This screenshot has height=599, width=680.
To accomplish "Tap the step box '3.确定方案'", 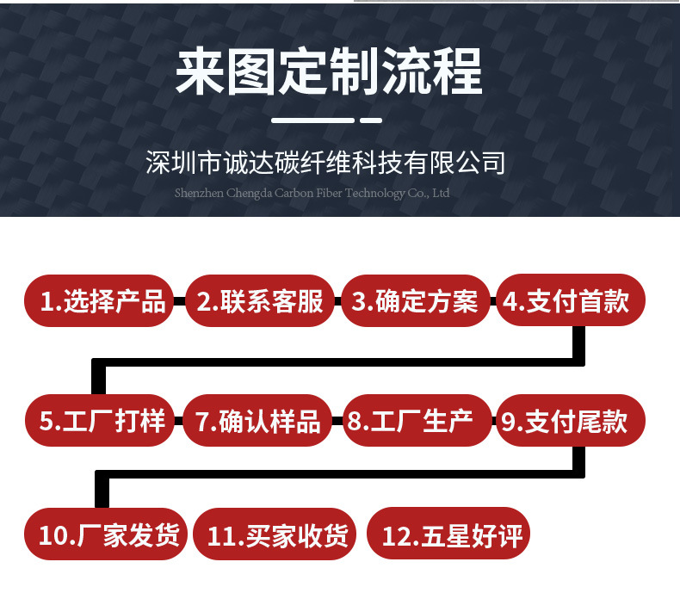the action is click(416, 301).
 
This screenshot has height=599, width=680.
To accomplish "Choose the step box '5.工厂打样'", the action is click(102, 421).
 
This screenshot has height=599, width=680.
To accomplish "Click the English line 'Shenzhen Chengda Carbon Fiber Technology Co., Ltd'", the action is click(312, 193).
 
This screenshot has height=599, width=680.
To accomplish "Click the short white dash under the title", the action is click(370, 120).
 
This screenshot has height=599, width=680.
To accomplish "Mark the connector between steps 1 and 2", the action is click(178, 301).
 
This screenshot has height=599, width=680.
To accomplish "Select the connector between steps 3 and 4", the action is click(494, 301).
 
